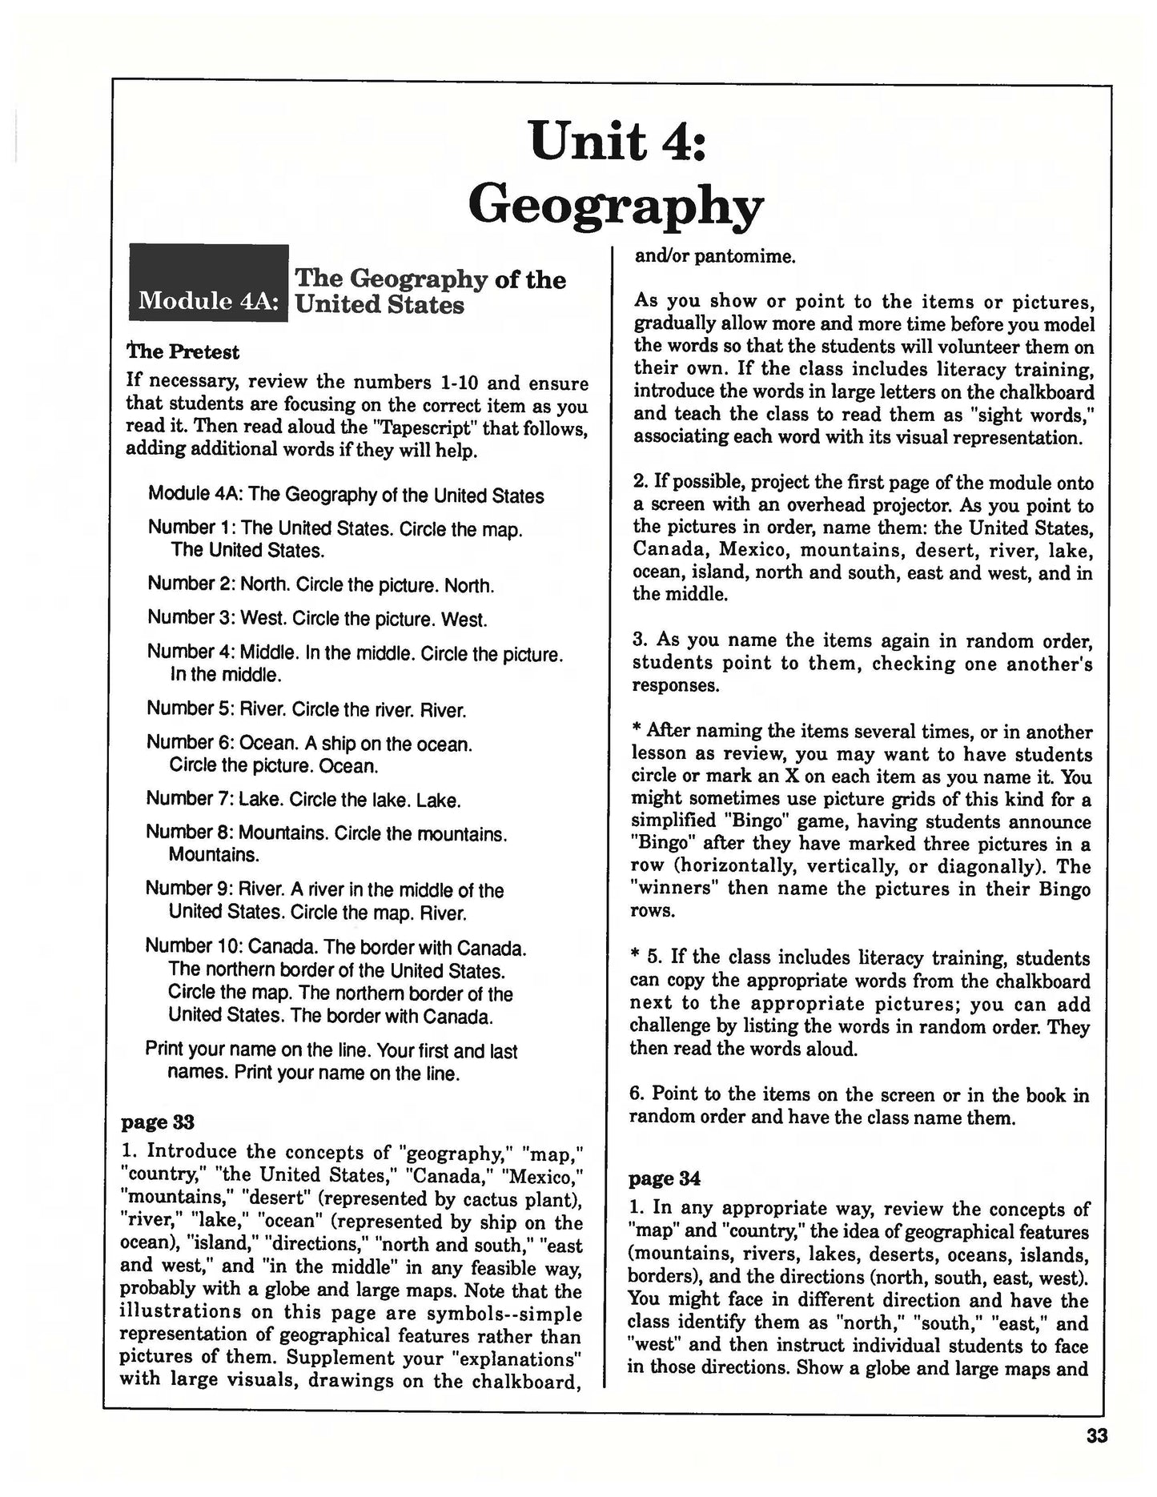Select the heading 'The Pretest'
[183, 351]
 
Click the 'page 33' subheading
[157, 1122]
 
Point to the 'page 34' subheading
[665, 1178]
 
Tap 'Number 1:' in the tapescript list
[191, 528]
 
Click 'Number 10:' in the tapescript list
[194, 947]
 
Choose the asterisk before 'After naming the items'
[637, 732]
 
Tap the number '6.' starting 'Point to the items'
[639, 1094]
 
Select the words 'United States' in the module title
[380, 305]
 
